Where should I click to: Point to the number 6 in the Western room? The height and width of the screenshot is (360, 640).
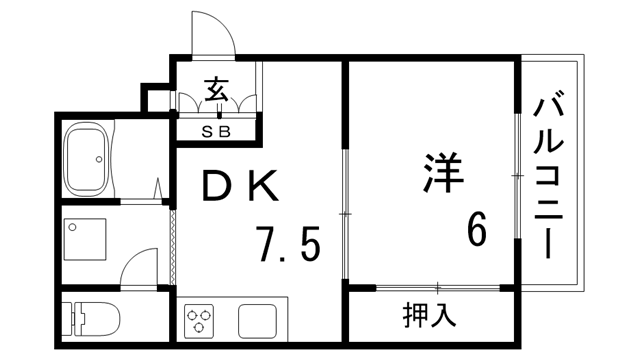point(476,232)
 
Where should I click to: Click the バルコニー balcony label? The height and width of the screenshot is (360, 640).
point(548,176)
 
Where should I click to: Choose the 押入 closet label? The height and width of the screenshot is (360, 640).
point(430,316)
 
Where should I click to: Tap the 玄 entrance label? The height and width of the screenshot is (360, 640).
point(216,89)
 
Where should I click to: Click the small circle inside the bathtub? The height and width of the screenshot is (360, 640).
point(98,159)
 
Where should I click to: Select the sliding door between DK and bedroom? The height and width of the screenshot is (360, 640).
point(343,214)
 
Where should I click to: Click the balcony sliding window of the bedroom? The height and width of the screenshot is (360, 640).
point(517,176)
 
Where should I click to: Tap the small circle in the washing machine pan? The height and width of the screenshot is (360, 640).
point(72,227)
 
